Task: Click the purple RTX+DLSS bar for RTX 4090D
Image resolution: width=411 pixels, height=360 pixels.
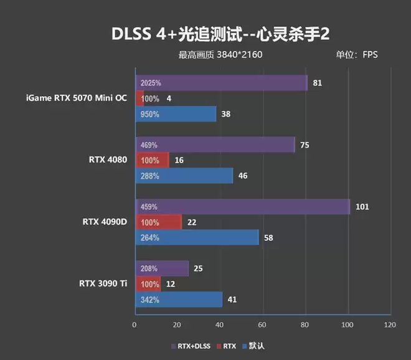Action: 242,206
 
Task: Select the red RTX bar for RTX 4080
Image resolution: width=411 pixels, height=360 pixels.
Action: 152,160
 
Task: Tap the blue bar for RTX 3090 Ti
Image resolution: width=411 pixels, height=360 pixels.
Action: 179,300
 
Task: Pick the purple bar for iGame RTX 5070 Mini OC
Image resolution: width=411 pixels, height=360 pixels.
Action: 221,83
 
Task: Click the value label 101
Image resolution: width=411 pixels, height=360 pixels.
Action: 362,206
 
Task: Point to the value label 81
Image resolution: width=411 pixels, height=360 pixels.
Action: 318,83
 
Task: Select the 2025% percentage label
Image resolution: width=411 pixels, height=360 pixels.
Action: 151,83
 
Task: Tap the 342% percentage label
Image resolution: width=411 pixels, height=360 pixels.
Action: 150,300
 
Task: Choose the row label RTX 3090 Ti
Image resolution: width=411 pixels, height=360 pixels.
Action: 103,283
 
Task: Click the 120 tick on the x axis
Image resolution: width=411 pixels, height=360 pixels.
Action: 390,324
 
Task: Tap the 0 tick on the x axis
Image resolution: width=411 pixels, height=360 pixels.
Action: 135,324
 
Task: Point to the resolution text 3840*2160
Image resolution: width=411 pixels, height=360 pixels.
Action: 240,55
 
